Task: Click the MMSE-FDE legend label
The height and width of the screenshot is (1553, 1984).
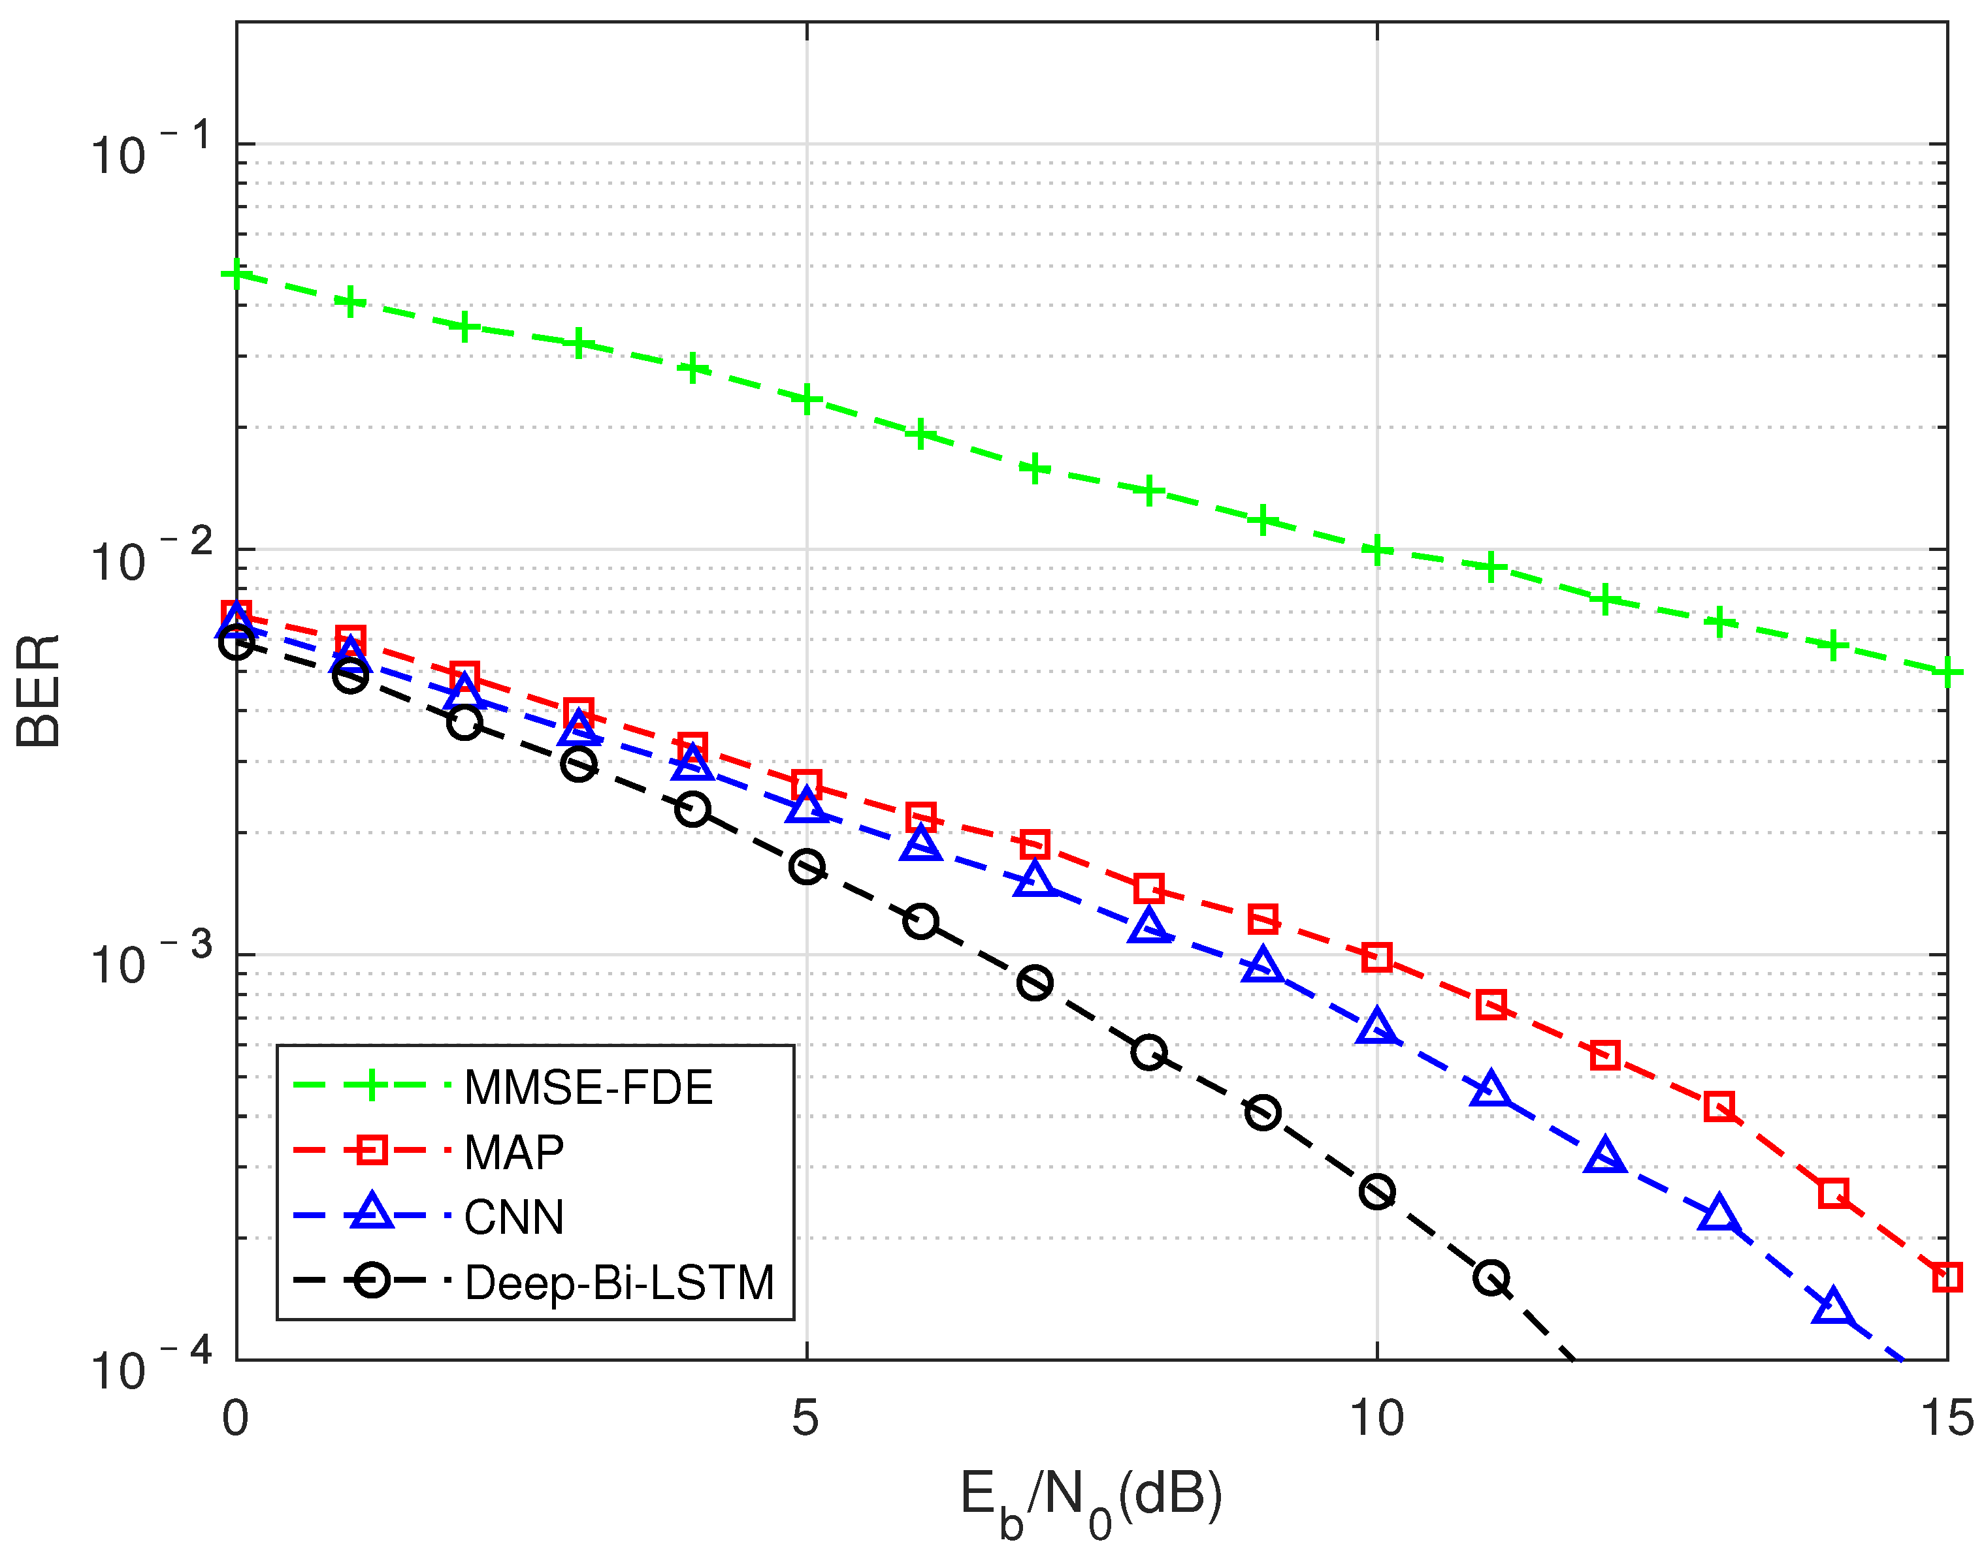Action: pyautogui.click(x=588, y=1088)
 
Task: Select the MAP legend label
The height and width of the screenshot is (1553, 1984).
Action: pyautogui.click(x=514, y=1153)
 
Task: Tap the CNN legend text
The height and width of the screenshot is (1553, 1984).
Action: pyautogui.click(x=514, y=1217)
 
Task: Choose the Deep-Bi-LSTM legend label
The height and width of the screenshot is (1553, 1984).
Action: pyautogui.click(x=619, y=1283)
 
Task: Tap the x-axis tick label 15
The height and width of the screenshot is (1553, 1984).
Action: pyautogui.click(x=1947, y=1417)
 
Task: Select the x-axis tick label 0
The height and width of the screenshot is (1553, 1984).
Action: pyautogui.click(x=236, y=1417)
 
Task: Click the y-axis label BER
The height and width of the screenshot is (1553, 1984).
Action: pyautogui.click(x=38, y=691)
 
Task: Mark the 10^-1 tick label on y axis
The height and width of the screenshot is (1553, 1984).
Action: pyautogui.click(x=150, y=151)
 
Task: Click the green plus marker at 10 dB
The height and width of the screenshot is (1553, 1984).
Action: pyautogui.click(x=1376, y=550)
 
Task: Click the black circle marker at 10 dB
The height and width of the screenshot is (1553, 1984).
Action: pyautogui.click(x=1376, y=1191)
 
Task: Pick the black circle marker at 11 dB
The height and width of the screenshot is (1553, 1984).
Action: pyautogui.click(x=1491, y=1278)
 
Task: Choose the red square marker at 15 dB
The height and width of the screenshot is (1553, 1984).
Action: pyautogui.click(x=1946, y=1277)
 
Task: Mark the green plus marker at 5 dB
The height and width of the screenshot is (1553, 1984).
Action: pyautogui.click(x=806, y=398)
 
